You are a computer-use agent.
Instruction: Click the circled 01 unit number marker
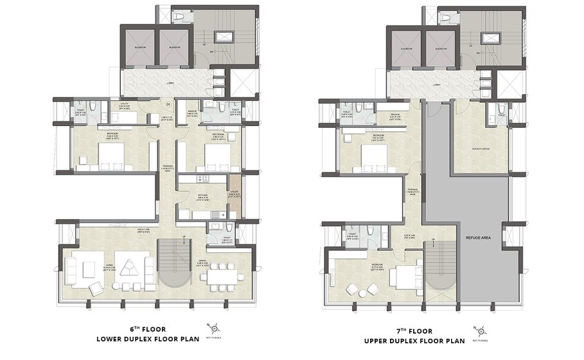click(168, 104)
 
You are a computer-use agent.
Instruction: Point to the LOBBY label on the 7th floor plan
click(437, 84)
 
